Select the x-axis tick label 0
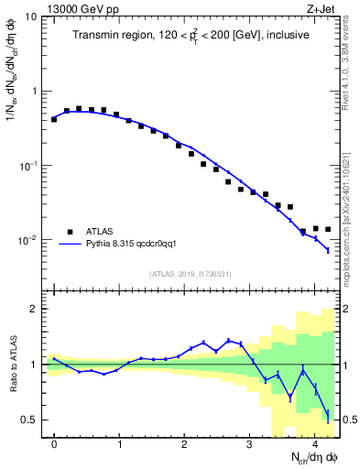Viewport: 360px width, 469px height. pos(55,444)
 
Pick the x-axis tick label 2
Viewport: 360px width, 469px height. pos(185,444)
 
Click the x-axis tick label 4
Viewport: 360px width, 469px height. pos(314,444)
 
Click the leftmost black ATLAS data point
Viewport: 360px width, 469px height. pos(54,119)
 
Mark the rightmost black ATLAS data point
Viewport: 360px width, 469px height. pos(328,229)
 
